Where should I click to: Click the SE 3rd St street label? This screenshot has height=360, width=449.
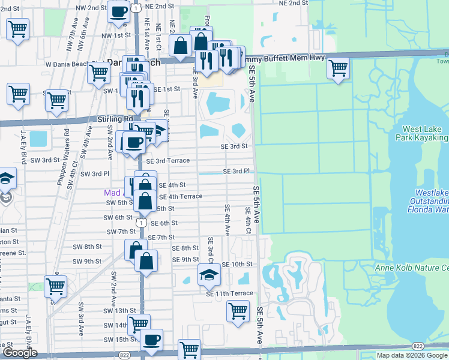pos(234,146)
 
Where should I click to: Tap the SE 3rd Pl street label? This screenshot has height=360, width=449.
pos(237,171)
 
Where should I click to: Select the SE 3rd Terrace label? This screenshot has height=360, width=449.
pos(168,161)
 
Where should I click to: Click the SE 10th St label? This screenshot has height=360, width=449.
pos(237,265)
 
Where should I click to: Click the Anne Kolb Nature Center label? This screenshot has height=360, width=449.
pos(412,268)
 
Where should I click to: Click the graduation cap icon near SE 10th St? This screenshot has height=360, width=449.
pos(208,275)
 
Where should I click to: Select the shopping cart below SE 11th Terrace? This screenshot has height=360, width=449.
pos(238,311)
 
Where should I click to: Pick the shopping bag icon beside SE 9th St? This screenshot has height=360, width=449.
pos(146,261)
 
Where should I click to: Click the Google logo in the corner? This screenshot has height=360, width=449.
pos(20,353)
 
